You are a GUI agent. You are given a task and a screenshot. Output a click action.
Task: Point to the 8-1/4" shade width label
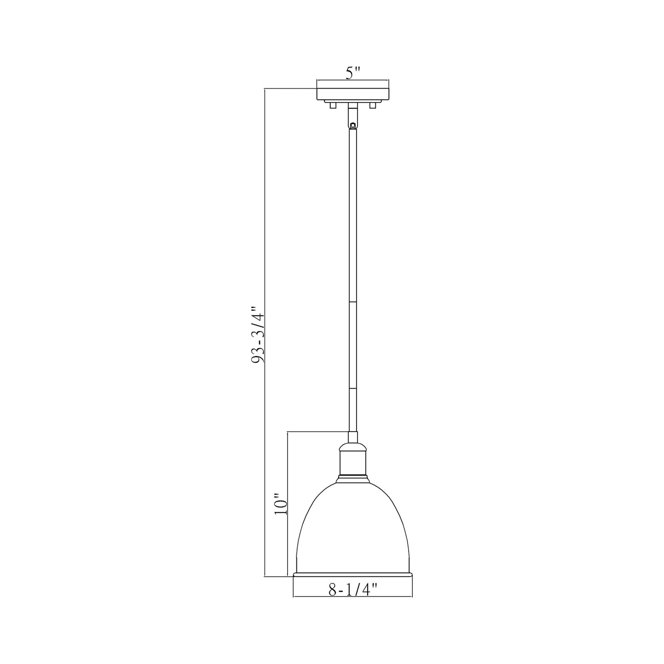pos(352,589)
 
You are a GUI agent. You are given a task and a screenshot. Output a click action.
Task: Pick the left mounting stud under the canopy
pos(332,106)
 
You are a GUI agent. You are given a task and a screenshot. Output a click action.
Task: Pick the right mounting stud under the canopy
pos(373,106)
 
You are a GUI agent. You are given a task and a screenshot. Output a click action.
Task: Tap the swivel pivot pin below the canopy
pos(352,125)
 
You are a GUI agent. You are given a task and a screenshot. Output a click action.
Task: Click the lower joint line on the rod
pos(352,388)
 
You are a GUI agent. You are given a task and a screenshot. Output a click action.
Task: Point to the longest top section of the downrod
pos(352,216)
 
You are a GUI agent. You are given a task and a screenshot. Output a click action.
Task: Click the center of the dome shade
pos(352,528)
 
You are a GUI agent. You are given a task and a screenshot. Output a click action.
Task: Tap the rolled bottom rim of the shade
pos(352,574)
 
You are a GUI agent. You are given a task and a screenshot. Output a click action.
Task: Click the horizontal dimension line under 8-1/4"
pos(352,596)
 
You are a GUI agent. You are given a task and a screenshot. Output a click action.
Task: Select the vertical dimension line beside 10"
pos(287,460)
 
